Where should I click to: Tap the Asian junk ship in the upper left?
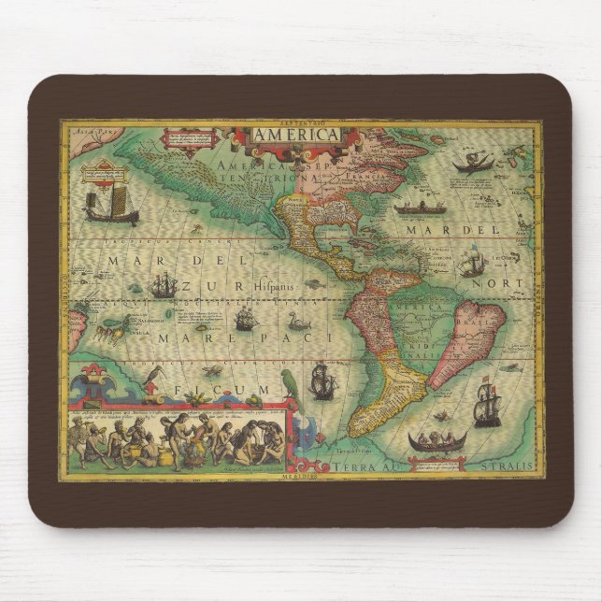pos(110,205)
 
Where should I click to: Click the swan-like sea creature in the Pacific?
pos(298,321)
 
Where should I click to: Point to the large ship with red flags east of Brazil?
pos(486,403)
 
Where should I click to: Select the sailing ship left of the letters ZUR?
pos(165,284)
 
